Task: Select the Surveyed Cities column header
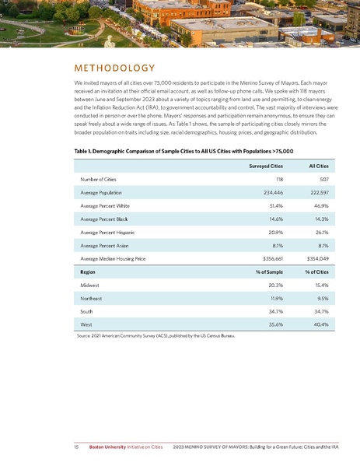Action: (x=265, y=166)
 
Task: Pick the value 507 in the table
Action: (x=324, y=179)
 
